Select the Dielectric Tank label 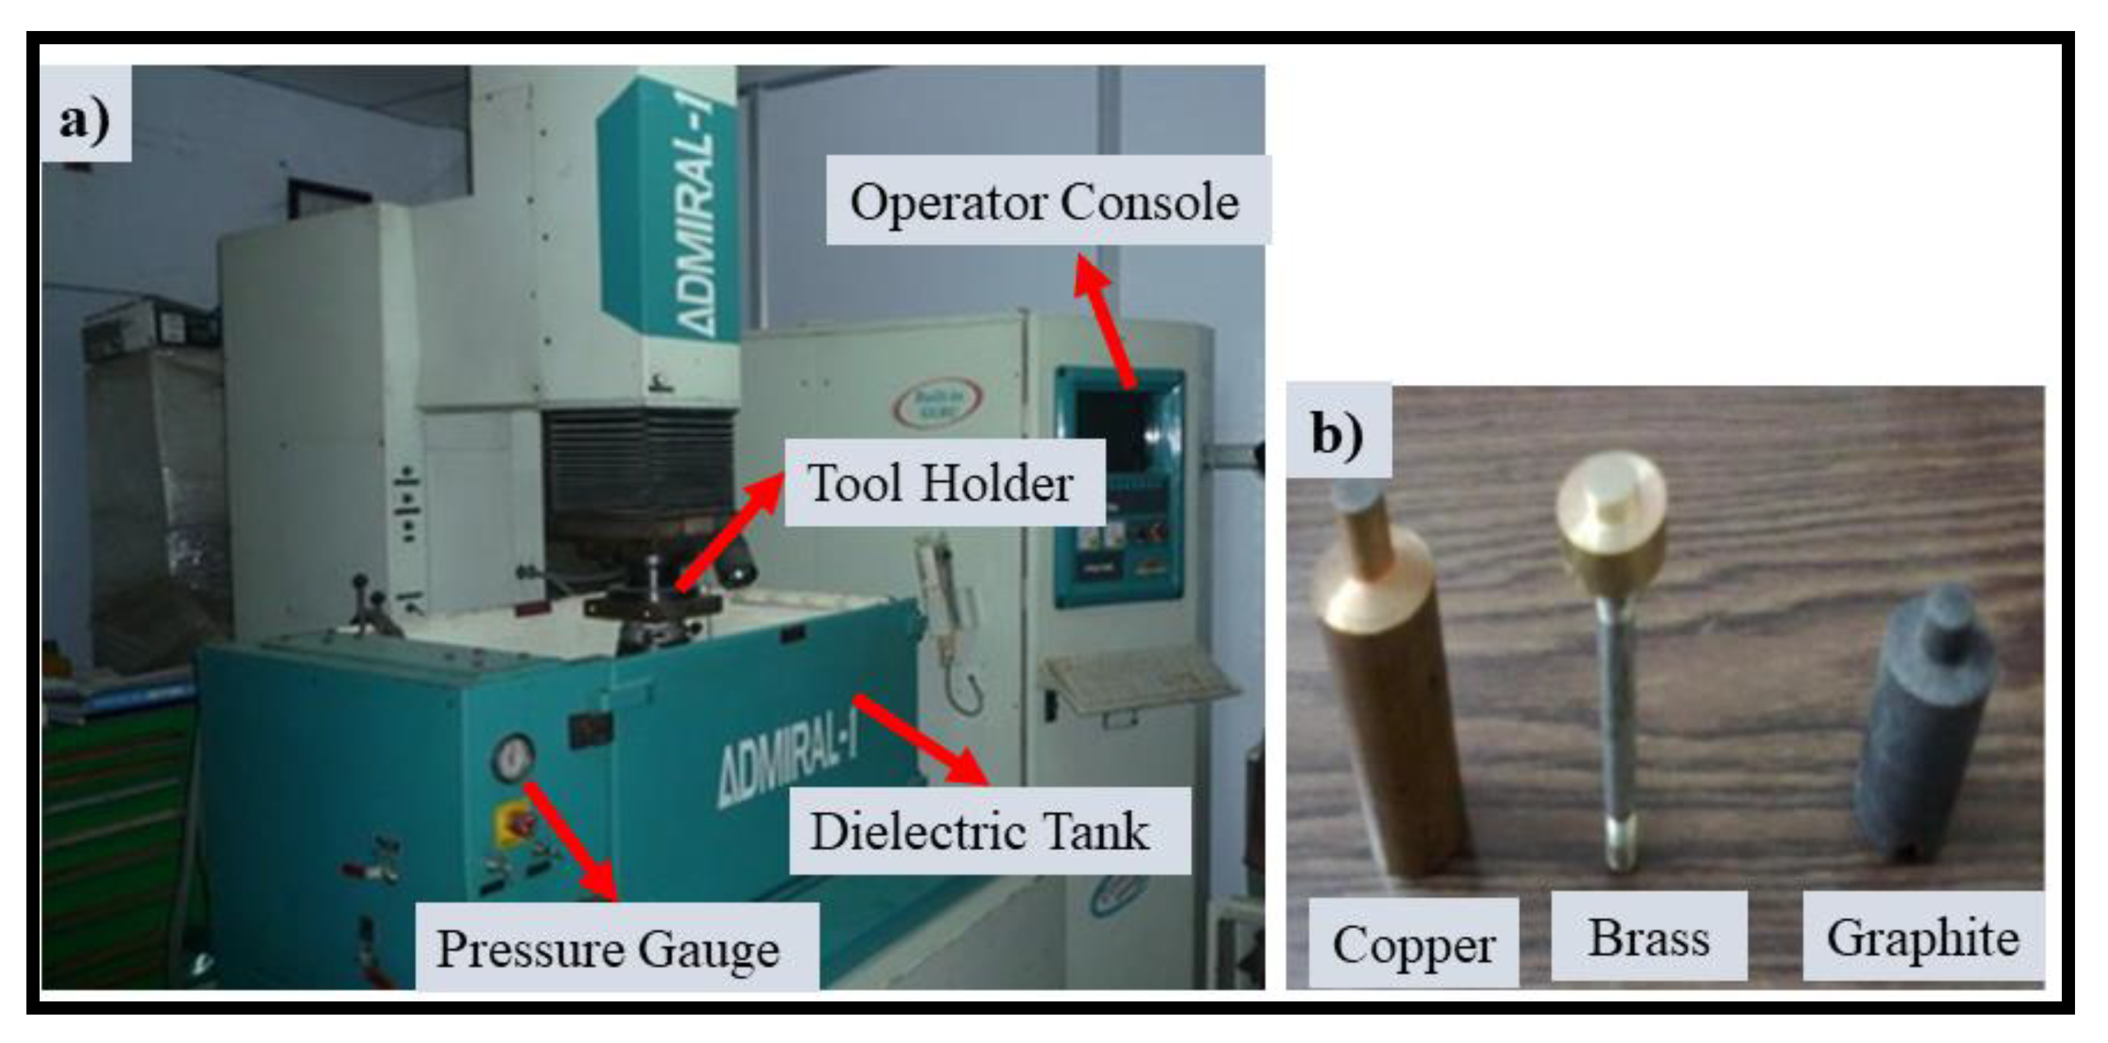[x=980, y=832]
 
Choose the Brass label [x=1649, y=938]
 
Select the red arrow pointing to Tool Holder [x=728, y=532]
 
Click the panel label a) [x=85, y=120]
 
